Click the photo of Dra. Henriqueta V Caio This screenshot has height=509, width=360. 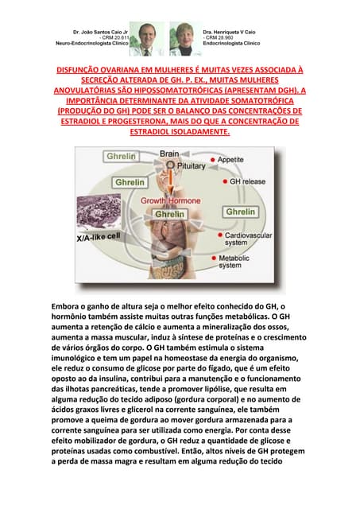pos(184,39)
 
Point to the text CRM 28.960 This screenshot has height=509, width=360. pos(220,37)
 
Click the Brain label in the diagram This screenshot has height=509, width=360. pos(169,153)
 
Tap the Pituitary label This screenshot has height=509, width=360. pos(191,165)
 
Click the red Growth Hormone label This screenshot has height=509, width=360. pos(171,201)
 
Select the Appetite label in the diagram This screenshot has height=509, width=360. pos(230,160)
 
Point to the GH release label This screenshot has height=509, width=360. pos(242,181)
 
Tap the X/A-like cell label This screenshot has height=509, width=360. pos(98,237)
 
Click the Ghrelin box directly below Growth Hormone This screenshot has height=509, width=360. pos(169,214)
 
